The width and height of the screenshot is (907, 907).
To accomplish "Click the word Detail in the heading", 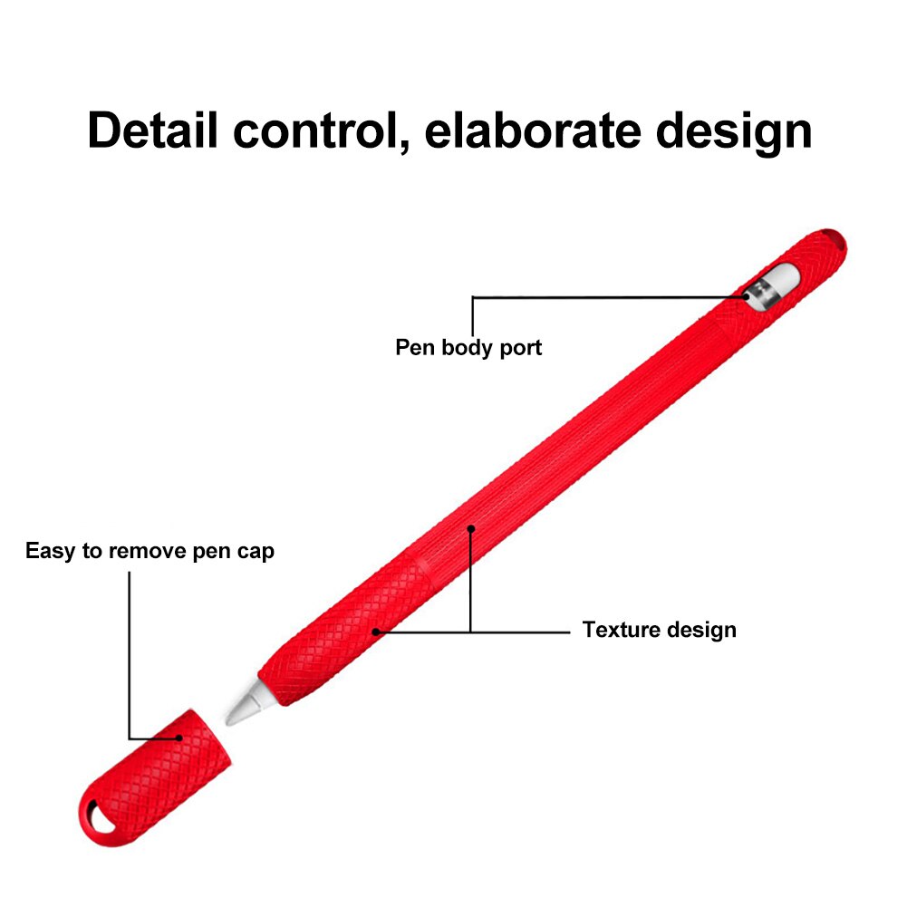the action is coord(153,130).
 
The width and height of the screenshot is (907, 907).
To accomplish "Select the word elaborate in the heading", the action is coord(533,130).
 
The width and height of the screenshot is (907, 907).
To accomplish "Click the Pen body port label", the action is coord(468,348).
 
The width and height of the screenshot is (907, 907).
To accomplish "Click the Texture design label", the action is coord(660,630).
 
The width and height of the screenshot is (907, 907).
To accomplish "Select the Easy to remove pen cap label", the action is coord(150,551).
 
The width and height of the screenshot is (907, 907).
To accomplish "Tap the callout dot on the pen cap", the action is coord(179,738).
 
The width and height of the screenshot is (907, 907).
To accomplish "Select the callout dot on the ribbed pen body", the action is coord(471,528).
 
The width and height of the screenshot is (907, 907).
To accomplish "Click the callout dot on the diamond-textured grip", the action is coord(375,632).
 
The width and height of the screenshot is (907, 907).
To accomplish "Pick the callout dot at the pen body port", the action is coord(747,296).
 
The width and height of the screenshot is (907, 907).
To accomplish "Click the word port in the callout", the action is coord(521,348).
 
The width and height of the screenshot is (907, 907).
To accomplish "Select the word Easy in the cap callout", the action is coord(51,551).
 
